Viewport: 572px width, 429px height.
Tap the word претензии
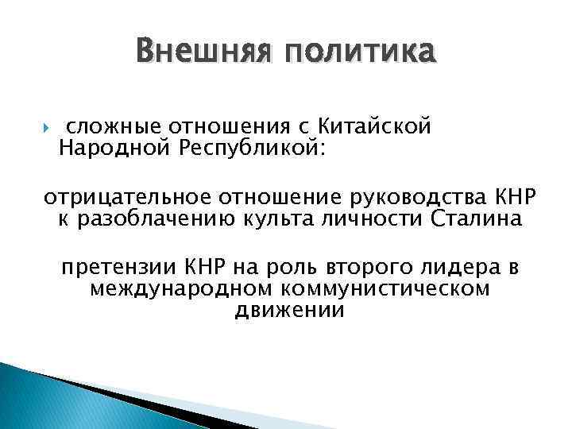coord(120,266)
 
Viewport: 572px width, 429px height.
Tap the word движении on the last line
coord(290,311)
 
